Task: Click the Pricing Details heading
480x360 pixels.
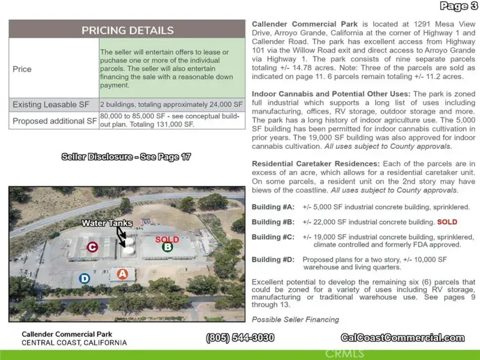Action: (x=127, y=30)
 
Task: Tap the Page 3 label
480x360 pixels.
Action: (x=458, y=7)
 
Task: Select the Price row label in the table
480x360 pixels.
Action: (x=22, y=69)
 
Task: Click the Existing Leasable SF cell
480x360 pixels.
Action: (x=53, y=105)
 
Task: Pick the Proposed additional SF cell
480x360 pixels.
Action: (x=55, y=121)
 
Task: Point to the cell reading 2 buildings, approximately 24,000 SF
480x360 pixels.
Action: (x=172, y=105)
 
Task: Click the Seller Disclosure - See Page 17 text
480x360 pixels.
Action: (x=126, y=157)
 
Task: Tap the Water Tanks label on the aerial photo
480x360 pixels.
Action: (x=107, y=223)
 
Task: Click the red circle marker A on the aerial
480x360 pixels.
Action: (x=122, y=274)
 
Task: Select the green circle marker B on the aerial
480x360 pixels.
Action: (x=167, y=246)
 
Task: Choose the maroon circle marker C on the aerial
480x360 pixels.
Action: (x=92, y=247)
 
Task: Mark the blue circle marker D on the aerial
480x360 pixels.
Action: (x=85, y=278)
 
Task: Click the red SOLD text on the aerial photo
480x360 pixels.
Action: (x=167, y=239)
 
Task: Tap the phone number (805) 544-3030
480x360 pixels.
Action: (x=241, y=338)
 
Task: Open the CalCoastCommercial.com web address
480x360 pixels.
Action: (x=403, y=338)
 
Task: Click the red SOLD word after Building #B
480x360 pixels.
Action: (x=447, y=222)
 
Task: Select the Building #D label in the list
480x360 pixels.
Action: (x=273, y=260)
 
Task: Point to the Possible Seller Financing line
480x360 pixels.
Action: (x=295, y=319)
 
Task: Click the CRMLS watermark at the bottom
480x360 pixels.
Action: (x=344, y=353)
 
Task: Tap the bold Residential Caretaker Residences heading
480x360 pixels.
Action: (x=316, y=164)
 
